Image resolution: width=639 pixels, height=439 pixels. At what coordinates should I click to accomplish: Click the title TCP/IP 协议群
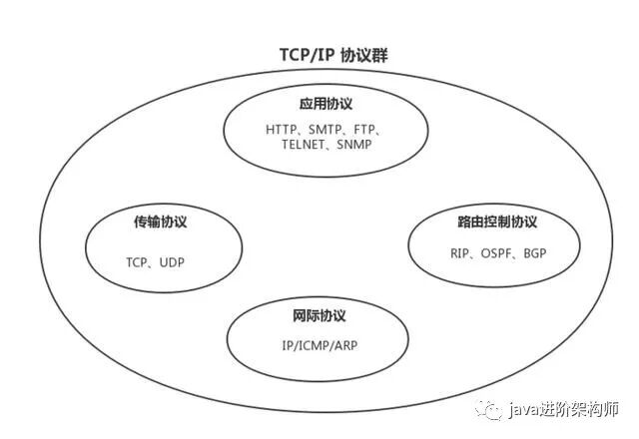[x=319, y=55]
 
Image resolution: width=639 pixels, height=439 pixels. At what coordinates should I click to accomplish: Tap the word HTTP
[x=284, y=130]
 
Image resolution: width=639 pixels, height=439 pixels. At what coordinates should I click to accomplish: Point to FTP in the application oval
[x=368, y=130]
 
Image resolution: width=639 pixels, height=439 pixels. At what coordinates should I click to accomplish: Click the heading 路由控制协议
[x=490, y=221]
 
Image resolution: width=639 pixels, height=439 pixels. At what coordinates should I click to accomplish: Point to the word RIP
[x=460, y=252]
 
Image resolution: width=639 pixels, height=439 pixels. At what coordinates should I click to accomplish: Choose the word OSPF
[x=495, y=252]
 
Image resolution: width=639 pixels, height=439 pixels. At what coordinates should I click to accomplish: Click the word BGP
[x=533, y=252]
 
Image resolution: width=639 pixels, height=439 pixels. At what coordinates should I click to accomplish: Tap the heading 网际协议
[x=319, y=315]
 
